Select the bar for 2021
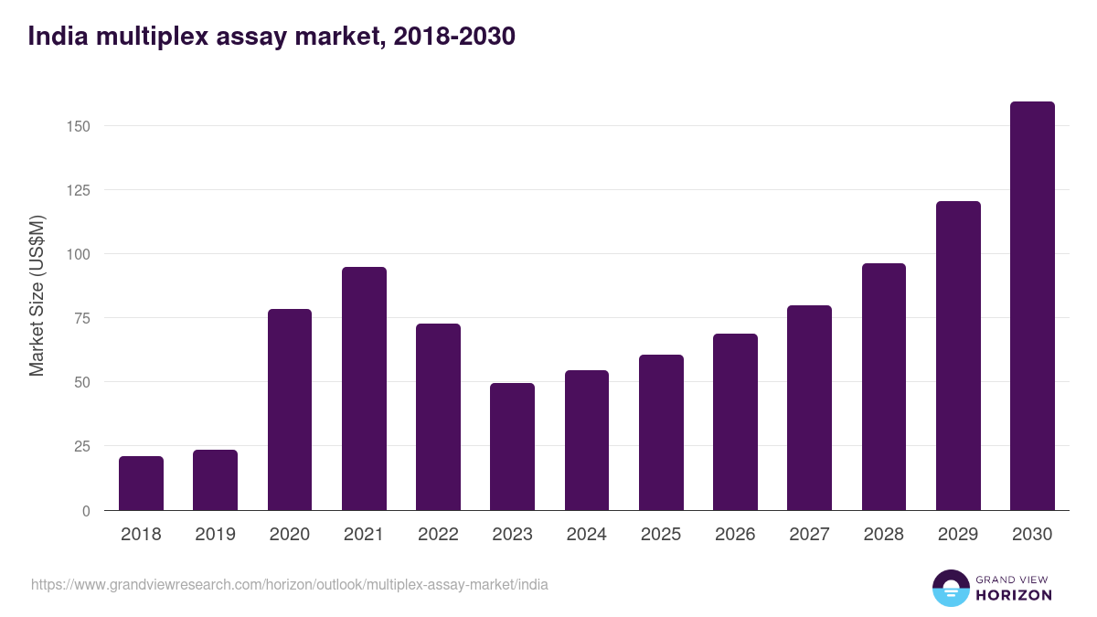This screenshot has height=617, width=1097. point(364,388)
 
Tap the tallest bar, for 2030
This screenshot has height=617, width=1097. point(1032,306)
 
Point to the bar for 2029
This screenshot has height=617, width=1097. point(958,356)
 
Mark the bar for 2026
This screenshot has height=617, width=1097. point(735,421)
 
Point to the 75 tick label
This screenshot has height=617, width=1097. point(81,318)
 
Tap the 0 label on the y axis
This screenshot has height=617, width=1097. point(86,511)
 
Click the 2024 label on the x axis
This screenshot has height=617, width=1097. point(586,535)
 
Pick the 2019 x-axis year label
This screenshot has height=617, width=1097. point(215,535)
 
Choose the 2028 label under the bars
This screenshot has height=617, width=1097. point(883,535)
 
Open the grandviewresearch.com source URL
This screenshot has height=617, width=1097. point(290,584)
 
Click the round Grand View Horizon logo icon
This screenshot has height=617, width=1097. point(950,588)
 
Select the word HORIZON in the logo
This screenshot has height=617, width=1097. point(1014,595)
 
